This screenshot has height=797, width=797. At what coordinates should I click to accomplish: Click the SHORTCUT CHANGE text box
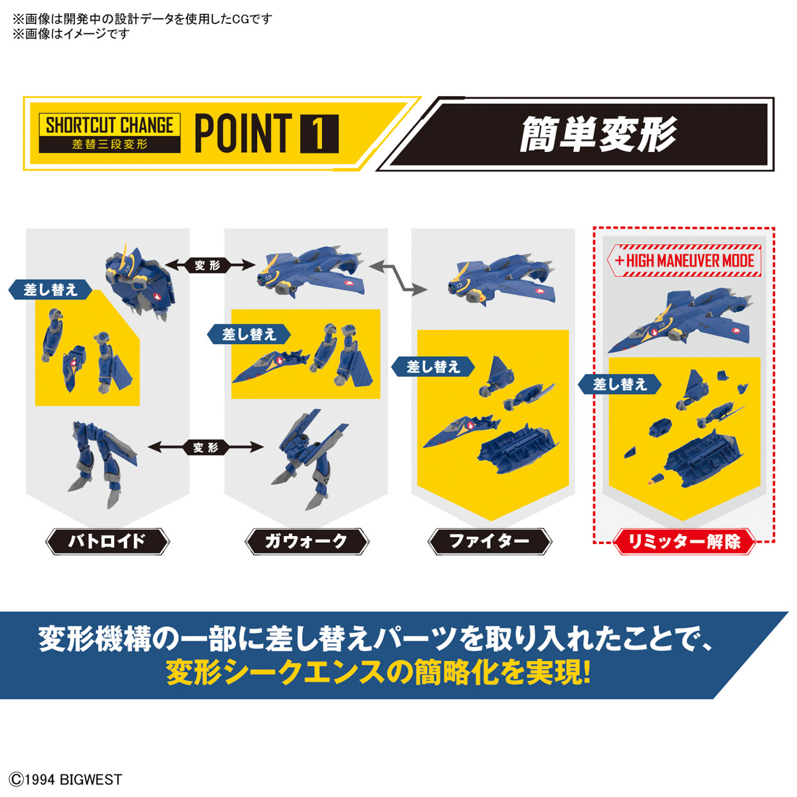click(x=110, y=133)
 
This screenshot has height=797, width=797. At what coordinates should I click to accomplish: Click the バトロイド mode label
click(x=107, y=541)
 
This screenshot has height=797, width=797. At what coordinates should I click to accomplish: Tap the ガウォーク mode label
click(x=306, y=541)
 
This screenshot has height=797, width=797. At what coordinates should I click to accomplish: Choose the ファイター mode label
click(x=489, y=541)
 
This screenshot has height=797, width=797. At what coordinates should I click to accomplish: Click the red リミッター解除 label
click(x=685, y=542)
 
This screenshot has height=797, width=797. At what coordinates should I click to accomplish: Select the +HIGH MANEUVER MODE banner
click(x=684, y=260)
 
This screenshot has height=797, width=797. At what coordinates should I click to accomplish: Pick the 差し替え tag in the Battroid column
click(x=51, y=290)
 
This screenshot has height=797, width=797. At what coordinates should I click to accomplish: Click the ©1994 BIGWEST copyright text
click(x=66, y=779)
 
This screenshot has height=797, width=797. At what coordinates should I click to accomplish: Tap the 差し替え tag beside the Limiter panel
click(x=620, y=384)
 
